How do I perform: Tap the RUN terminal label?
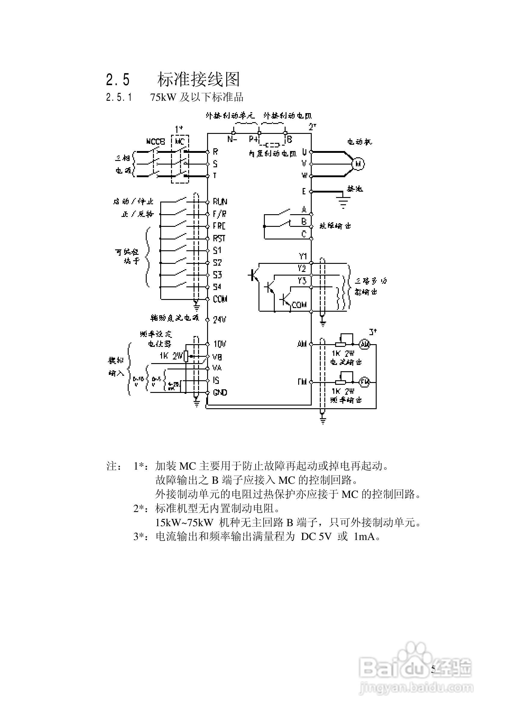220,202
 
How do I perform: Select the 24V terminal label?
219,319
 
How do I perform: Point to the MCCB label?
155,142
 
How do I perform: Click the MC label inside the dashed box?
180,142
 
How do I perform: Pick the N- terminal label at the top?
232,139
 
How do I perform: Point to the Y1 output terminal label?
303,256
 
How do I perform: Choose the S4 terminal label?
217,287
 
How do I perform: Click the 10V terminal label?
220,344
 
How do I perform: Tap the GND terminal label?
220,393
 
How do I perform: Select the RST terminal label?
219,239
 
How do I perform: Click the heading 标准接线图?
198,79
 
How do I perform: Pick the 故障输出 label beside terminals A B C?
335,226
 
